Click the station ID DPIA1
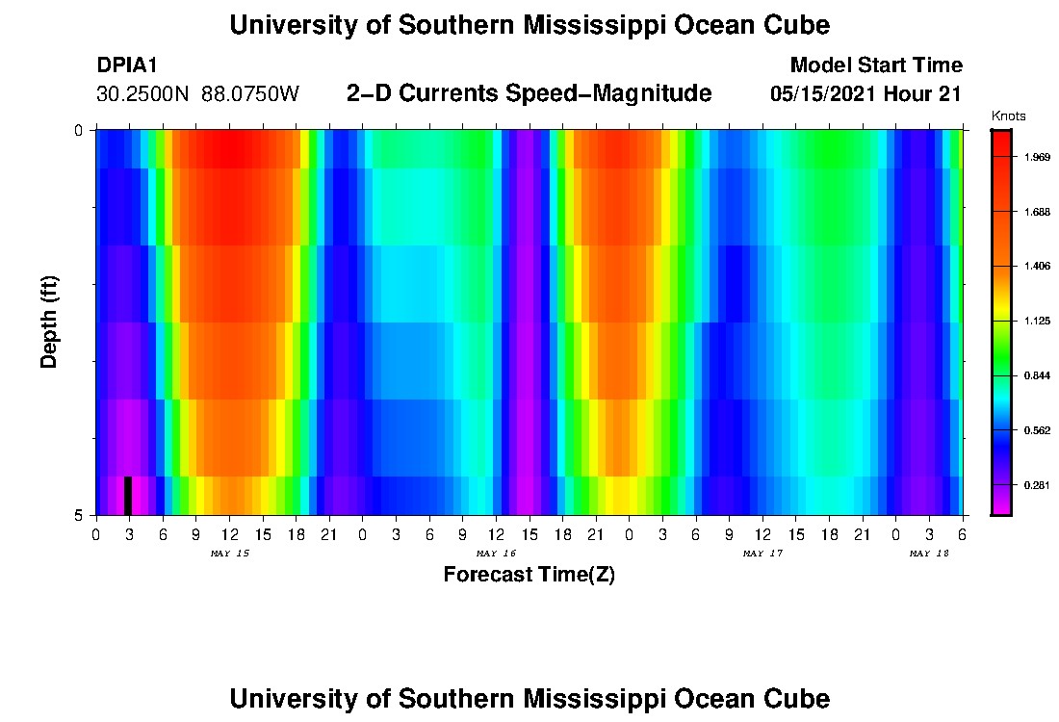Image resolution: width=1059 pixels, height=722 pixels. [127, 65]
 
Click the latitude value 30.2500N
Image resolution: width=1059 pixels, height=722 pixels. [143, 94]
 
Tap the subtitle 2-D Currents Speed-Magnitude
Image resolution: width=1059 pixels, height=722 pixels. [529, 93]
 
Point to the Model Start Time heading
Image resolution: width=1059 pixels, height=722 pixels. [875, 65]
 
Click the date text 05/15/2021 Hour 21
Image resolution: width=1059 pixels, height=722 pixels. [866, 94]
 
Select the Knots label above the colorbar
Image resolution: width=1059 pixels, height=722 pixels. [1008, 116]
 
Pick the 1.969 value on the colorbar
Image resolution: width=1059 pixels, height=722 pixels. [1038, 157]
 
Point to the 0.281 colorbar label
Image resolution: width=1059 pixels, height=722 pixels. [1038, 484]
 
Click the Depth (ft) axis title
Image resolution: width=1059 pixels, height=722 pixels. [50, 322]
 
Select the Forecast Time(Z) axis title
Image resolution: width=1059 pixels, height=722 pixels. [529, 575]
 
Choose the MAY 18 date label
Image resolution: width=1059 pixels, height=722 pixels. [929, 554]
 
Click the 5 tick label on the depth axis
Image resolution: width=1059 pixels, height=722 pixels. [79, 515]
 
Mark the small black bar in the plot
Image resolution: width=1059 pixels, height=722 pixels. [128, 495]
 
